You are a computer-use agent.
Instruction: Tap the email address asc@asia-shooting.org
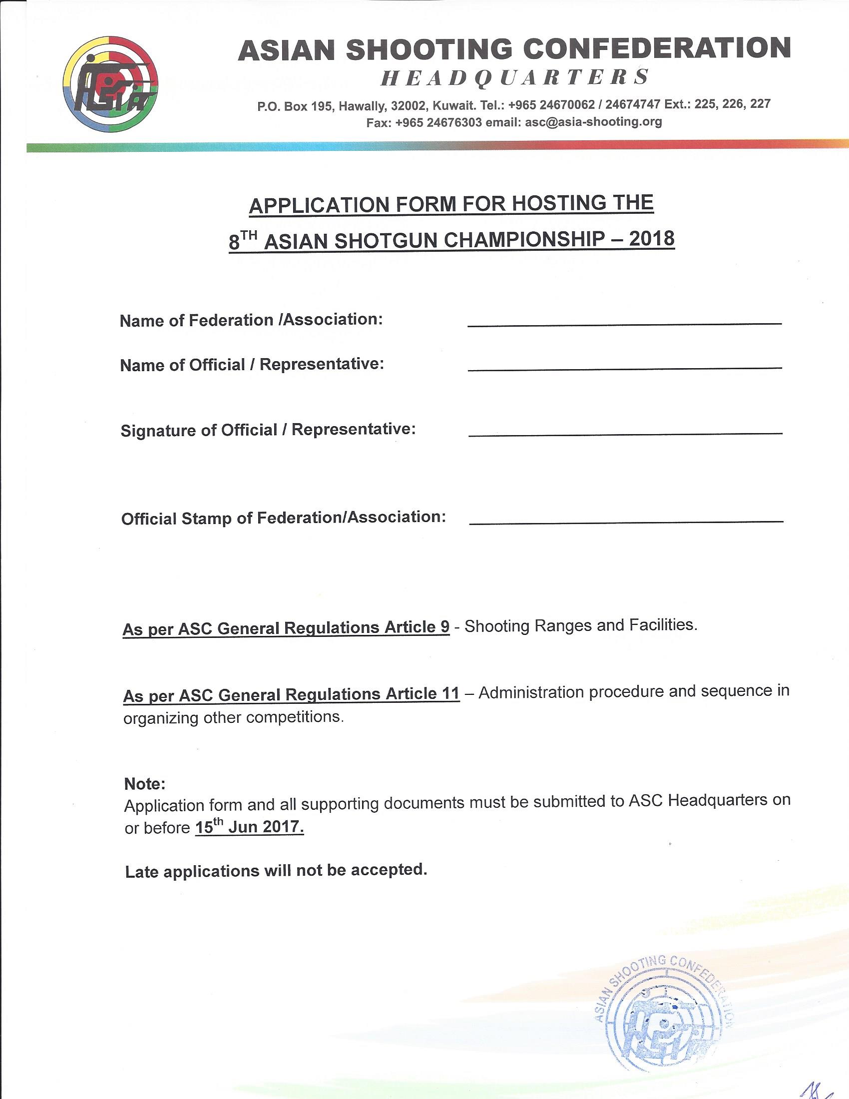pos(593,122)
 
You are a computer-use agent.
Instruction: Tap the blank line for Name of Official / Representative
pos(624,368)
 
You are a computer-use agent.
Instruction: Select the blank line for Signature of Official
pos(625,433)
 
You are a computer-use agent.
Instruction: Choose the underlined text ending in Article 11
pos(291,694)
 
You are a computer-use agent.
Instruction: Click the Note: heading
pos(145,784)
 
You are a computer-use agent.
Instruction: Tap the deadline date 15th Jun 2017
pos(250,828)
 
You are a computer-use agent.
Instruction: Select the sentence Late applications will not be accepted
pos(276,871)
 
